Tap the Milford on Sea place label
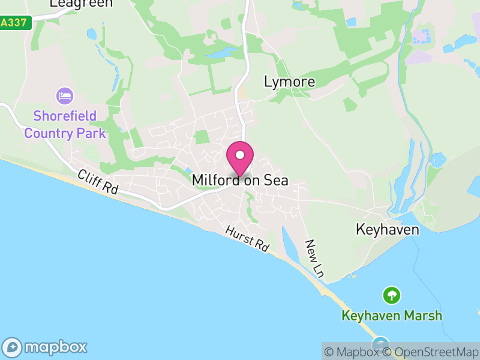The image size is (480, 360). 240,180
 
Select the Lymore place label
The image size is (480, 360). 289,82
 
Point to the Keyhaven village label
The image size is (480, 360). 387,230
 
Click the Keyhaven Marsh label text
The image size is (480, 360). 392,316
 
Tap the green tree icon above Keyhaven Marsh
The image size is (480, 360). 392,295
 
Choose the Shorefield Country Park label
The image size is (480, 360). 65,124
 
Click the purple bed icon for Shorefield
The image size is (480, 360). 64,96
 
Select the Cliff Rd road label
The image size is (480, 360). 98,181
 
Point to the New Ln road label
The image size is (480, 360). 314,258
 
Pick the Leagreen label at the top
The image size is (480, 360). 81,4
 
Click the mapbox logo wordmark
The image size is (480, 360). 56,347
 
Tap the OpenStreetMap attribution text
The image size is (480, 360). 430,352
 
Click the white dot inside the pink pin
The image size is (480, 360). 240,155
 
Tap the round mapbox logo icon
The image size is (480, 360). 13,347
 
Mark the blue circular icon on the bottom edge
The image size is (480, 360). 379,344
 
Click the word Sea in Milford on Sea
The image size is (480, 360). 275,180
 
